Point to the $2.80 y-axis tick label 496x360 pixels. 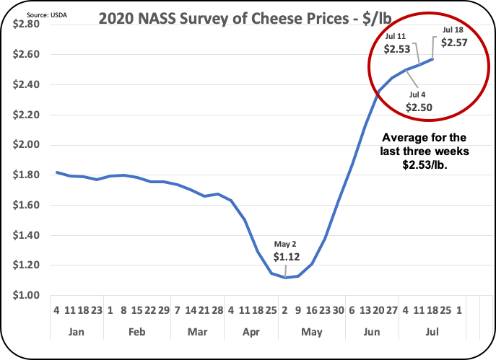(27, 24)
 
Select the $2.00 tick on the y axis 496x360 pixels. (27, 144)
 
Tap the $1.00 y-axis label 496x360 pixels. (27, 295)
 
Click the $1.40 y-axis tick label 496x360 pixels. (27, 235)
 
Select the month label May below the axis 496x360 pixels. (311, 333)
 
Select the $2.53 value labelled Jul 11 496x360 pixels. (396, 48)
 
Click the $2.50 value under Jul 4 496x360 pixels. (419, 107)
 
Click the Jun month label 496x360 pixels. (373, 333)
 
